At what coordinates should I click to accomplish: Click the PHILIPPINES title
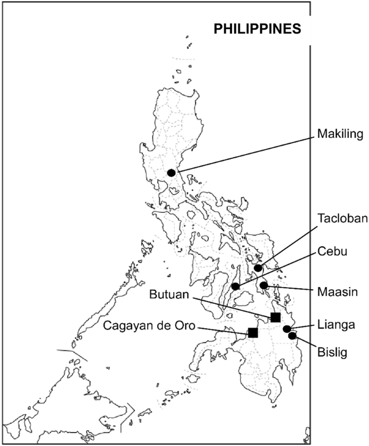257,29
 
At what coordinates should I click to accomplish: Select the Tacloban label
342,219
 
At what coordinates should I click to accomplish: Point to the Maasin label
336,291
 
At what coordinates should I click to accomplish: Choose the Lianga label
336,325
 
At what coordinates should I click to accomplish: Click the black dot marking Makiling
171,173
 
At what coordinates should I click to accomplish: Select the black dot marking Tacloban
259,268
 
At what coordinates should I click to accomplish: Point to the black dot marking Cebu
235,286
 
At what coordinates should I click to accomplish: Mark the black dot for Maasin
263,285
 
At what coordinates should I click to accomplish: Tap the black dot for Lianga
287,329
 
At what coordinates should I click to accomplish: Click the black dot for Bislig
293,336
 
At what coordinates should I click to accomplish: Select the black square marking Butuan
275,317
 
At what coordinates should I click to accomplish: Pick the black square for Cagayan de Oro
253,333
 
